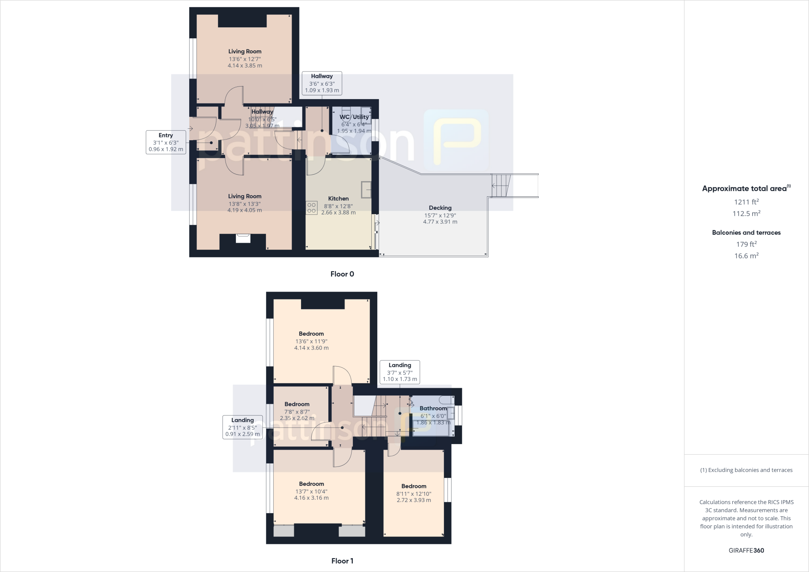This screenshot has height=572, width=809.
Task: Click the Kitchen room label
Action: coord(338,199)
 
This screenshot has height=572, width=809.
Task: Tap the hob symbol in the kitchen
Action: coord(311,208)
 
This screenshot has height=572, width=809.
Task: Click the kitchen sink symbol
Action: coord(366,190)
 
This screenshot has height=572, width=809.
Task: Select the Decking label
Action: coord(440,208)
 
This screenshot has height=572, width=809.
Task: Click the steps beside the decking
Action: coord(501,186)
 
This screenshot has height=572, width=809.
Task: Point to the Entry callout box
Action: coord(166,142)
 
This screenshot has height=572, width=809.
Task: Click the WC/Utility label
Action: coord(354,117)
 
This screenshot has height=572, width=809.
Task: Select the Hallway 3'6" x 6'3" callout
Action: coord(322,83)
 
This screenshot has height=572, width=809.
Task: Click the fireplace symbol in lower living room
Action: coord(243,238)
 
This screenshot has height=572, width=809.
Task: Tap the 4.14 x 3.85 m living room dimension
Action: coord(245,66)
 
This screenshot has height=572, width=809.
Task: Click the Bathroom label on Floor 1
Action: coord(433,408)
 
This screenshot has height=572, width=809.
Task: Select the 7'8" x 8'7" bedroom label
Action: coord(297,411)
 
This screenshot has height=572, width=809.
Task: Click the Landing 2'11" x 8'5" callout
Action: coord(243,427)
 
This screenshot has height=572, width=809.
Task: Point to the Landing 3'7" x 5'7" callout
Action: coord(400,372)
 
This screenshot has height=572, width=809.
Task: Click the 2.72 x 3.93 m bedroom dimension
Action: coord(414,500)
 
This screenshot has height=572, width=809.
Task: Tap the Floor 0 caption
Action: coord(342,274)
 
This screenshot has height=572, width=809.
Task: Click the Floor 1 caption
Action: coord(342,561)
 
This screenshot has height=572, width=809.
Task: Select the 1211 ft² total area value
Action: coord(746,202)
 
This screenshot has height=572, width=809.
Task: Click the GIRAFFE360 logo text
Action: coord(746,550)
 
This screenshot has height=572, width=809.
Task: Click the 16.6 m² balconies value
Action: coord(746,256)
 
